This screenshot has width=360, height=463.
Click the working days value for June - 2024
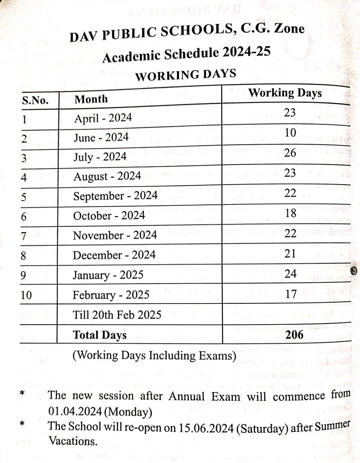[x=290, y=133]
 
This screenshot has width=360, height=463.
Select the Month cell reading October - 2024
[x=109, y=216]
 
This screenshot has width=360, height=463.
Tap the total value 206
[x=294, y=335]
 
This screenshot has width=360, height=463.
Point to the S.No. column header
[x=35, y=100]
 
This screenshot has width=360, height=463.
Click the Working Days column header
[x=285, y=93]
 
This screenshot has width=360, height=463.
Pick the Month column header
[x=91, y=99]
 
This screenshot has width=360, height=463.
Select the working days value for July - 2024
[x=290, y=153]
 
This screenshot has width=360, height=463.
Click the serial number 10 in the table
[x=26, y=295]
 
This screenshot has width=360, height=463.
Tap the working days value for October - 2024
[x=291, y=213]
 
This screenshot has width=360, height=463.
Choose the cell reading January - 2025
[x=108, y=275]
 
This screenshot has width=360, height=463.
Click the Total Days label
[x=100, y=335]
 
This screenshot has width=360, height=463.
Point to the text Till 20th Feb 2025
[x=117, y=315]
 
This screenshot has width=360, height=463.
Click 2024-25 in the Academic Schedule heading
[x=246, y=52]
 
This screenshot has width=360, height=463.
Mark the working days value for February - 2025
[x=291, y=294]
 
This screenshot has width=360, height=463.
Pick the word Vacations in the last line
[x=72, y=441]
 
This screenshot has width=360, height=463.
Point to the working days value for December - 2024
[x=290, y=254]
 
